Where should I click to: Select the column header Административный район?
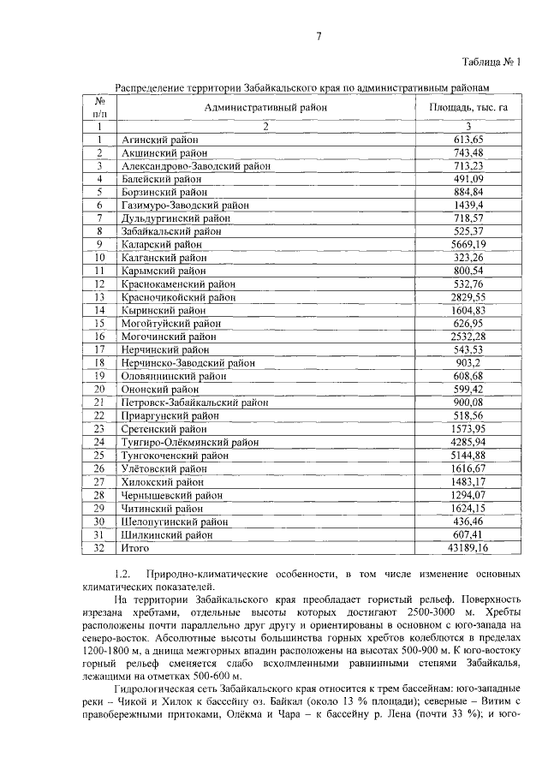pyautogui.click(x=265, y=107)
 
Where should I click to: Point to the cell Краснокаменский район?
pyautogui.click(x=177, y=283)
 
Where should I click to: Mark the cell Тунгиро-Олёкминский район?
pyautogui.click(x=190, y=442)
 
